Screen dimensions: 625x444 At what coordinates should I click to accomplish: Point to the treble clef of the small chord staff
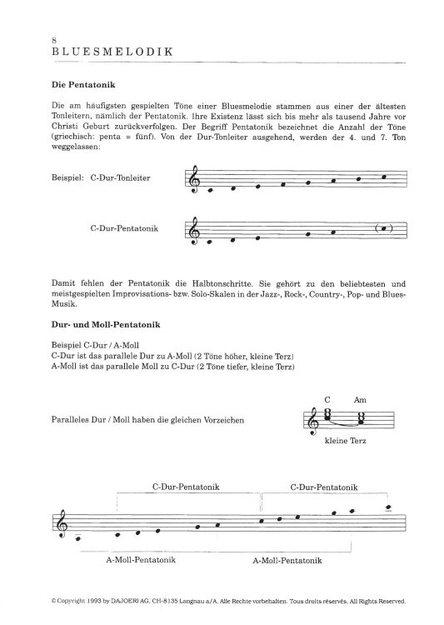313,422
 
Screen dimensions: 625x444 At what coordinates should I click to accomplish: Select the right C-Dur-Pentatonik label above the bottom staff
325,486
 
